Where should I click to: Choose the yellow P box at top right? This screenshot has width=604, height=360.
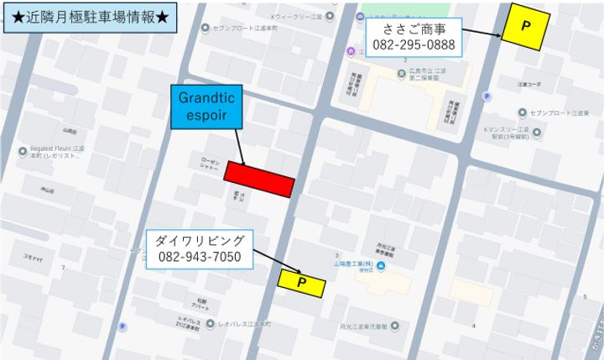(x=526, y=26)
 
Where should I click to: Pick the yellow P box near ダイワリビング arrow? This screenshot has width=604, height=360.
(x=301, y=283)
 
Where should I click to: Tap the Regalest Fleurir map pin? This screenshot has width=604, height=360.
(x=23, y=151)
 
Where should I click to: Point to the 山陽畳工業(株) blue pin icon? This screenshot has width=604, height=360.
(x=383, y=268)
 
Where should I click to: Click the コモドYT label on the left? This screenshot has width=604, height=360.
(x=33, y=258)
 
